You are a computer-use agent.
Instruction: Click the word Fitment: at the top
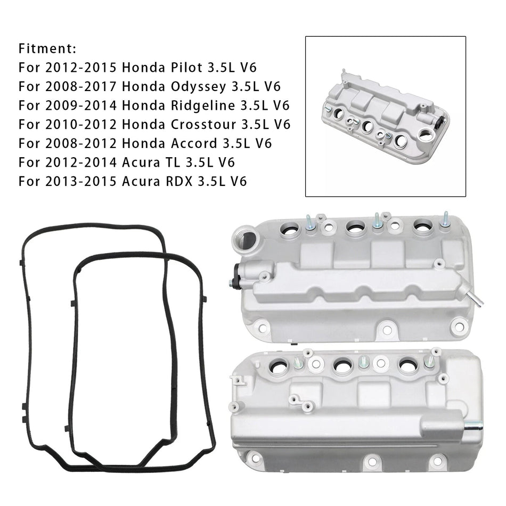(48, 49)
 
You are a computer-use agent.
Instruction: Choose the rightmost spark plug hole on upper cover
(423, 226)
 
